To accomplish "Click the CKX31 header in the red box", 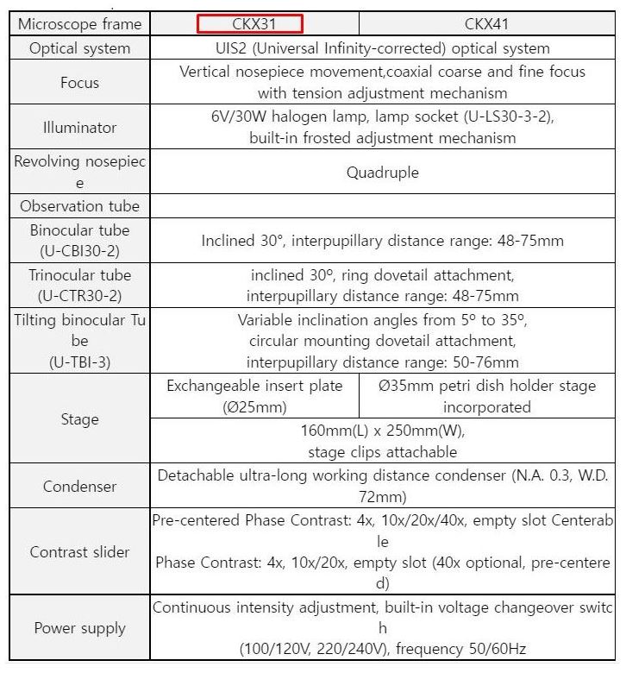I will pyautogui.click(x=249, y=23).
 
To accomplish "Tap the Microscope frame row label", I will pyautogui.click(x=80, y=23).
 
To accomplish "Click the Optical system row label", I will pyautogui.click(x=80, y=48).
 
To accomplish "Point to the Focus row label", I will pyautogui.click(x=80, y=83).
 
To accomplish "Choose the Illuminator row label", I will pyautogui.click(x=80, y=128).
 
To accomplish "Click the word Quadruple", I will pyautogui.click(x=383, y=173).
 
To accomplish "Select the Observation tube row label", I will pyautogui.click(x=80, y=206).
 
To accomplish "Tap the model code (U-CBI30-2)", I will pyautogui.click(x=80, y=251).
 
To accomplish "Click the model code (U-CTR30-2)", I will pyautogui.click(x=80, y=296).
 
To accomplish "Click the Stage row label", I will pyautogui.click(x=80, y=419).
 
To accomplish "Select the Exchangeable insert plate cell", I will pyautogui.click(x=254, y=396).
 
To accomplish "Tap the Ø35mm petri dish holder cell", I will pyautogui.click(x=487, y=396).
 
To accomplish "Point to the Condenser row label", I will pyautogui.click(x=80, y=487).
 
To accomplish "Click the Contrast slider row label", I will pyautogui.click(x=80, y=552).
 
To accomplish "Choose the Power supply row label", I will pyautogui.click(x=80, y=628).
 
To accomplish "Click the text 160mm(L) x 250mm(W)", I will pyautogui.click(x=383, y=431).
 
